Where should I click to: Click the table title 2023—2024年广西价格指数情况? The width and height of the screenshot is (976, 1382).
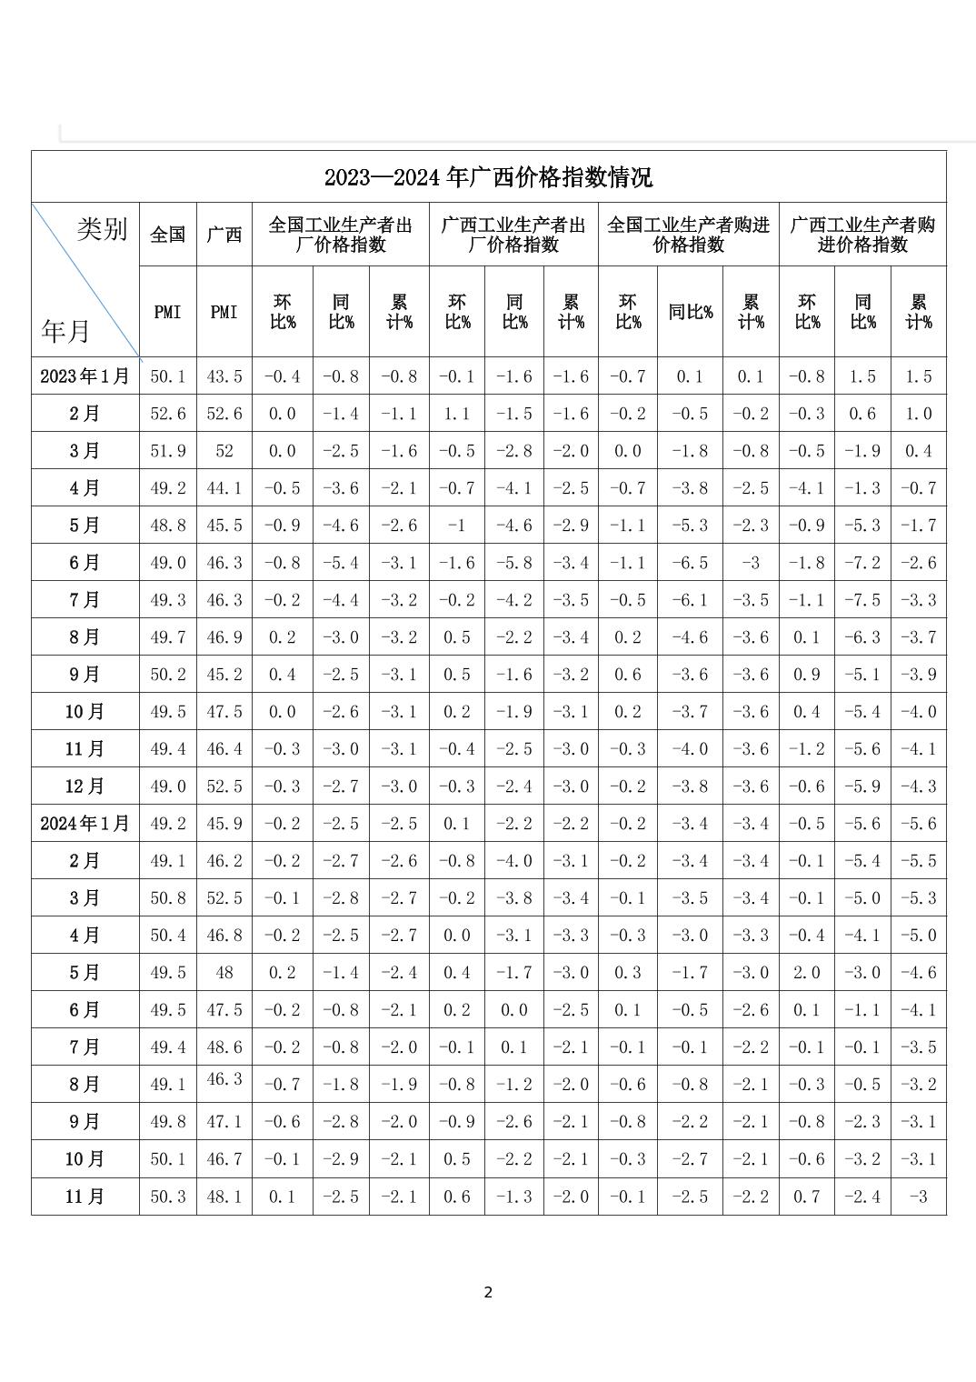488,177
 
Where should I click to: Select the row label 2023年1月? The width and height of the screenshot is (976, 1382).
85,376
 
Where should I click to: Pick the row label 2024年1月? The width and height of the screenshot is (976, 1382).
85,824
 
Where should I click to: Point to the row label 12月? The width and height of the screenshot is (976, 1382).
85,786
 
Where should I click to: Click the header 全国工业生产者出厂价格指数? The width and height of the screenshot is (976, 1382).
340,235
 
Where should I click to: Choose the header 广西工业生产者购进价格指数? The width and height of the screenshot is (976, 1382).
862,235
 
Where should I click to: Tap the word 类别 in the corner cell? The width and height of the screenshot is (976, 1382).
102,229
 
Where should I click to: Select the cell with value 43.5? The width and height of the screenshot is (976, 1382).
224,376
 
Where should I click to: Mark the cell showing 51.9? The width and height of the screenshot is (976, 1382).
167,451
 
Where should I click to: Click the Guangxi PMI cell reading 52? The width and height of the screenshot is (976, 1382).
224,451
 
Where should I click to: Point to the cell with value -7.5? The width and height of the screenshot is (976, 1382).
862,600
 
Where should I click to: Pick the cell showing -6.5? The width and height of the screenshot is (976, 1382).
690,563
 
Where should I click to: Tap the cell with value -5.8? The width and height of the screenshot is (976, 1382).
514,563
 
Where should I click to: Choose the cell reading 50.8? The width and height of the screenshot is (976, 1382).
167,898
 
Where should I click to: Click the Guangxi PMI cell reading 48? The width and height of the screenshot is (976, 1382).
224,973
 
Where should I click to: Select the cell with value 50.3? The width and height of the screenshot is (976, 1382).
167,1197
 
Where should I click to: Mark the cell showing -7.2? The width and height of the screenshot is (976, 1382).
862,563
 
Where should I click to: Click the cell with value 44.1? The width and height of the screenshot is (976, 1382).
224,488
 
